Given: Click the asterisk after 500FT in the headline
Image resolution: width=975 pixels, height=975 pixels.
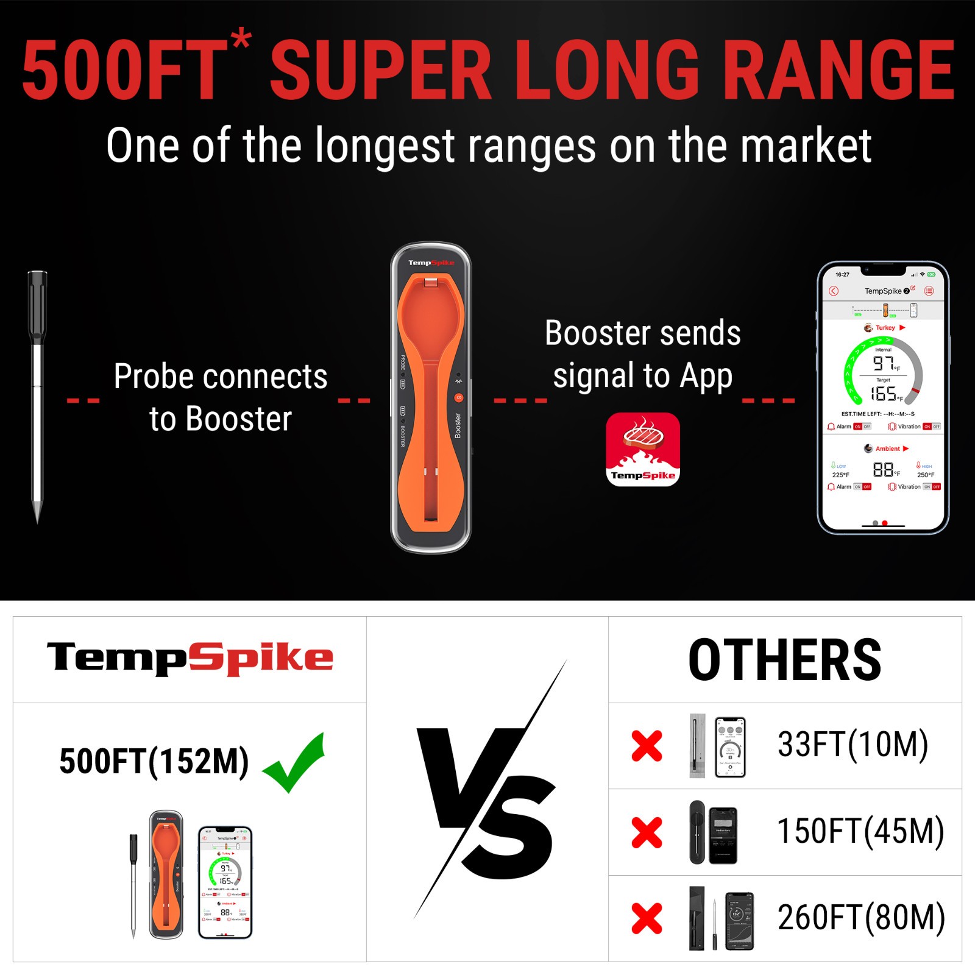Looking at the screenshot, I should click(x=241, y=38).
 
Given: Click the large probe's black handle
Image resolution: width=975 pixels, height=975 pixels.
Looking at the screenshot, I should click(x=37, y=308).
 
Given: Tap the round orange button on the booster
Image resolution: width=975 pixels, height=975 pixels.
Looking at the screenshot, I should click(x=458, y=398).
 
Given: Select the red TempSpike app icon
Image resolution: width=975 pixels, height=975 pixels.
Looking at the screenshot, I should click(x=643, y=449).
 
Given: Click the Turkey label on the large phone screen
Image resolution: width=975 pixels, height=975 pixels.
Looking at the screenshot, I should click(x=885, y=328).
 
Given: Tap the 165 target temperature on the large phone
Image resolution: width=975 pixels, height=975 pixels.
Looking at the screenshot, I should click(x=884, y=394).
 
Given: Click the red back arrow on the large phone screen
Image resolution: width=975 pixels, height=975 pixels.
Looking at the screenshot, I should click(x=834, y=291).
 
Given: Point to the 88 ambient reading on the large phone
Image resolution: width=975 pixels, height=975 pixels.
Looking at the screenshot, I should click(x=883, y=469).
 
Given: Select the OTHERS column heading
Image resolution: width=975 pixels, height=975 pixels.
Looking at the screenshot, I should click(x=785, y=660).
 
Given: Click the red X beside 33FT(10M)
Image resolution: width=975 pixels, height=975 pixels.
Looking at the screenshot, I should click(x=647, y=746).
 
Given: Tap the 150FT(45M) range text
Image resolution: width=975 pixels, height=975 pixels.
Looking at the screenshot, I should click(x=860, y=832).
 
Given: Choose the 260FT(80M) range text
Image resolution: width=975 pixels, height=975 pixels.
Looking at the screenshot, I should click(x=861, y=918).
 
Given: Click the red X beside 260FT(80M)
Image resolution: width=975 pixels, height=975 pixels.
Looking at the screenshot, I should click(x=647, y=918).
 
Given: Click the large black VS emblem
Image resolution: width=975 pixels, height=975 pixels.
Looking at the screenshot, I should click(x=487, y=792).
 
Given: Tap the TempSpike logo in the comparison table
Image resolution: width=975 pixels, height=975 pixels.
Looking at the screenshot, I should click(x=190, y=659).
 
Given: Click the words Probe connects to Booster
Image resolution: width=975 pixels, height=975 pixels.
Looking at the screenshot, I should click(x=221, y=397).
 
